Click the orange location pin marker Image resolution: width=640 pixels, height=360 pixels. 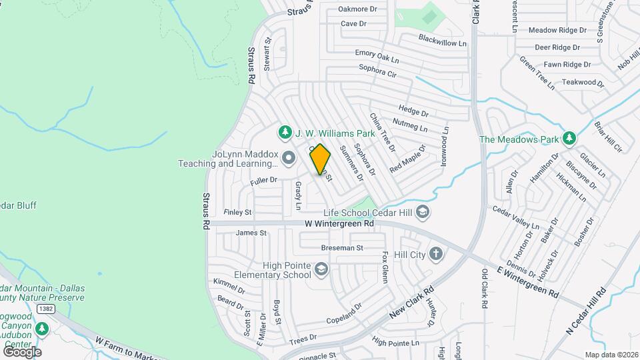[x=321, y=159]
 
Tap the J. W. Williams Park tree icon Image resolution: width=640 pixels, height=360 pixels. [x=285, y=132]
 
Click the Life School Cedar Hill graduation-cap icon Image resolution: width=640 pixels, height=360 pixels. [x=422, y=213]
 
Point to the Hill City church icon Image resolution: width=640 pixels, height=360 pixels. [x=436, y=254]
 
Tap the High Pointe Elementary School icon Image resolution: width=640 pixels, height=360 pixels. [x=321, y=269]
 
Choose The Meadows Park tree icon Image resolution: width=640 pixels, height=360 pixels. [x=569, y=139]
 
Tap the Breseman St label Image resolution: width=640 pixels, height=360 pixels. [x=341, y=247]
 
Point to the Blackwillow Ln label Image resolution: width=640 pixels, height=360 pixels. [x=443, y=40]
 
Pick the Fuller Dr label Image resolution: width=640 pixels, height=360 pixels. [x=264, y=180]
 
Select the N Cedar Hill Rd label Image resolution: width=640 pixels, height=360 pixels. [x=587, y=313]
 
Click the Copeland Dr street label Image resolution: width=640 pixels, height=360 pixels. [x=344, y=315]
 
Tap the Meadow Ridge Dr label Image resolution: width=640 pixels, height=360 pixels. [x=557, y=30]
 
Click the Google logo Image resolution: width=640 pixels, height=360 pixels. [x=22, y=351]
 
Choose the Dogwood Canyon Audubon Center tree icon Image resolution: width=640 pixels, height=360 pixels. [x=43, y=329]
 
